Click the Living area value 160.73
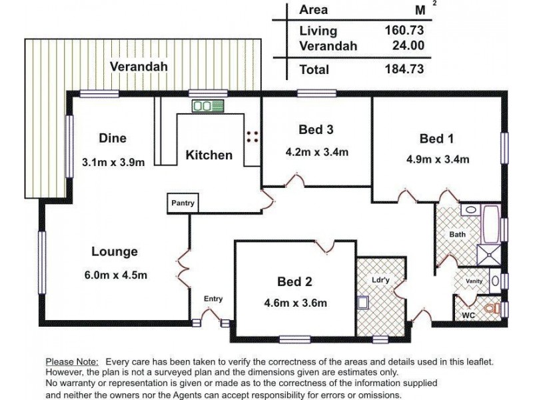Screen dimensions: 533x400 point(404,30)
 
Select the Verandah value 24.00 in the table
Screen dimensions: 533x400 point(408,45)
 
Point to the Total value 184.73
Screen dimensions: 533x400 point(404,69)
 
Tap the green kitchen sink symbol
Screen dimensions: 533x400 point(208,106)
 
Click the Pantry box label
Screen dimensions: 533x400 point(183,203)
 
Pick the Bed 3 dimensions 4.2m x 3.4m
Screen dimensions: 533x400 point(317,152)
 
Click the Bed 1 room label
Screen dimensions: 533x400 point(436,139)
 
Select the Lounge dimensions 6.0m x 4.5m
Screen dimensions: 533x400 point(115,275)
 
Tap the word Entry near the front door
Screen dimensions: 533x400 point(213,299)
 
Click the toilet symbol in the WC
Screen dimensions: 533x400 point(492,309)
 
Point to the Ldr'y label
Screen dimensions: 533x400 point(380,280)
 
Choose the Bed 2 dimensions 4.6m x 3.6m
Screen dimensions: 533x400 point(295,303)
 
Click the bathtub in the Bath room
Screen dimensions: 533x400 point(491,224)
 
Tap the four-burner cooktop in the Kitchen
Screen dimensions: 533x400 point(253,137)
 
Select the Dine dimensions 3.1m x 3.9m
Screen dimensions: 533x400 point(113,162)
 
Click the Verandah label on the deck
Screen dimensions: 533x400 point(139,66)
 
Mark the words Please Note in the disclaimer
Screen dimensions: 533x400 point(72,361)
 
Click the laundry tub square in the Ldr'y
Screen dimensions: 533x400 point(363,303)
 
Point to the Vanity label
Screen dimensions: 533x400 point(474,281)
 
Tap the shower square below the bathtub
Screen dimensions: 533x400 point(489,255)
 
